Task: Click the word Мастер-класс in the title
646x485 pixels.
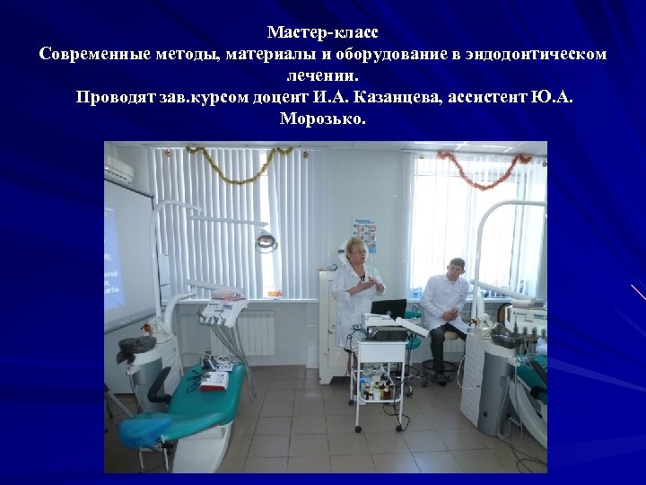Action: (322, 32)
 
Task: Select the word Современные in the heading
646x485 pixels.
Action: (83, 55)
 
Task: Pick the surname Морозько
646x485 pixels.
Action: (322, 119)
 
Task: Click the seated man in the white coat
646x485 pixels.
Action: (446, 301)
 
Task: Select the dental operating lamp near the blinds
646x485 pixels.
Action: (266, 239)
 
